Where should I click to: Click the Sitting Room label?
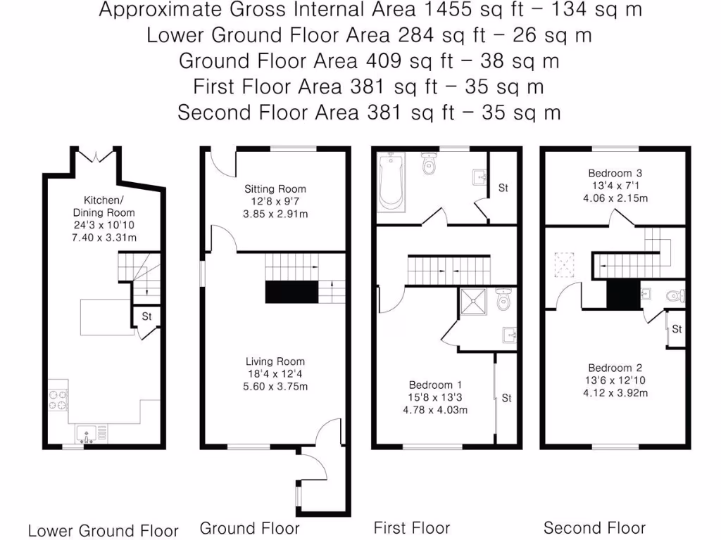point(275,188)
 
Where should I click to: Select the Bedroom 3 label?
point(615,172)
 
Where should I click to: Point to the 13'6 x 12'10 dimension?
point(615,380)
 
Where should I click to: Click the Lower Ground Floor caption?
point(104,530)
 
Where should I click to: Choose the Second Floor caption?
point(594,527)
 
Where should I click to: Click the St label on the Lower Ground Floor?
point(147,316)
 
